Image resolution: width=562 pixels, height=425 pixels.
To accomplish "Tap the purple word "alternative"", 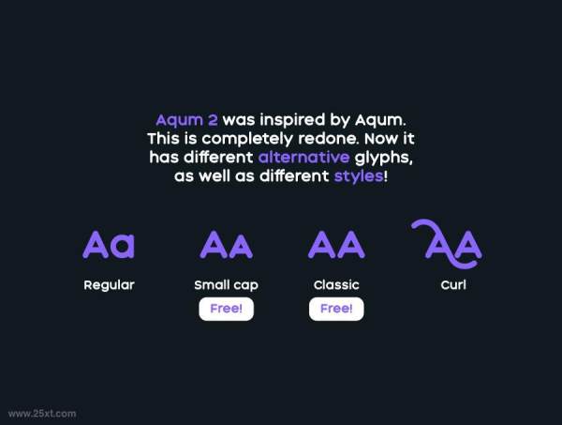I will click(304, 157).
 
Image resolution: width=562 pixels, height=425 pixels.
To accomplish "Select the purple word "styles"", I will click(358, 175).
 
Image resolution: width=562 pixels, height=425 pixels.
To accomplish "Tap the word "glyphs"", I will click(384, 157).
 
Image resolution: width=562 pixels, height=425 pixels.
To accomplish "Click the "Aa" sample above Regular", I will click(109, 245).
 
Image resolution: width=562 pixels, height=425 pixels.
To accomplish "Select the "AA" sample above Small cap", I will click(226, 246).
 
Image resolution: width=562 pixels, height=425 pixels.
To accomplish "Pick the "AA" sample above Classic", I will click(336, 245).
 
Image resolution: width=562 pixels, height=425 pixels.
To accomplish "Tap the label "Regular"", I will click(109, 285).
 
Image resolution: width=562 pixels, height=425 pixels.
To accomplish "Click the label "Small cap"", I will click(226, 285).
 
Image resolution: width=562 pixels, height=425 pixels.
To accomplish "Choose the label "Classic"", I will click(336, 285).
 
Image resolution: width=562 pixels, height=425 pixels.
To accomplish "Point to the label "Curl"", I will click(453, 285).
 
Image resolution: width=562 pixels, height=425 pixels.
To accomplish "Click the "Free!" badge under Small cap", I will click(226, 309).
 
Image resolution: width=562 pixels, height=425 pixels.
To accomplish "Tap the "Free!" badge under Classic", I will click(336, 309).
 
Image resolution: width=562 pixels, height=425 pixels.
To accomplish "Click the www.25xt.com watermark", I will click(42, 413).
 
